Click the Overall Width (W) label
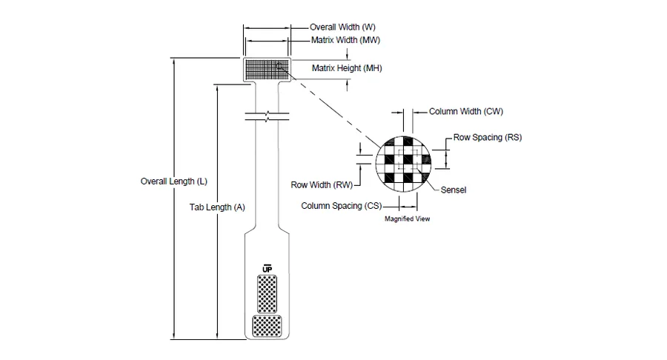pos(342,27)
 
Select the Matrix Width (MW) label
pos(345,40)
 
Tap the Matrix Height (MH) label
pos(347,68)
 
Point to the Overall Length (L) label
pos(173,181)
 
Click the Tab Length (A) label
pos(217,207)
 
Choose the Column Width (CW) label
pos(466,111)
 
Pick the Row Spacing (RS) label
pos(487,137)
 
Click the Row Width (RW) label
pos(322,185)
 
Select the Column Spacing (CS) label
pos(341,206)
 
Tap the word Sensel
pos(453,190)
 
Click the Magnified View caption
pos(407,219)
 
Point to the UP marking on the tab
pos(267,269)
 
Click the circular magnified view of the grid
pos(403,164)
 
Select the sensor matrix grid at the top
pos(267,70)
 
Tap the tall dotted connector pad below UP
pos(267,294)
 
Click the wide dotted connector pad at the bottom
pos(267,326)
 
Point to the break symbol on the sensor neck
pos(267,116)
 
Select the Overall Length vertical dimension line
pos(173,199)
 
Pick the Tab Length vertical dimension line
pos(217,212)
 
